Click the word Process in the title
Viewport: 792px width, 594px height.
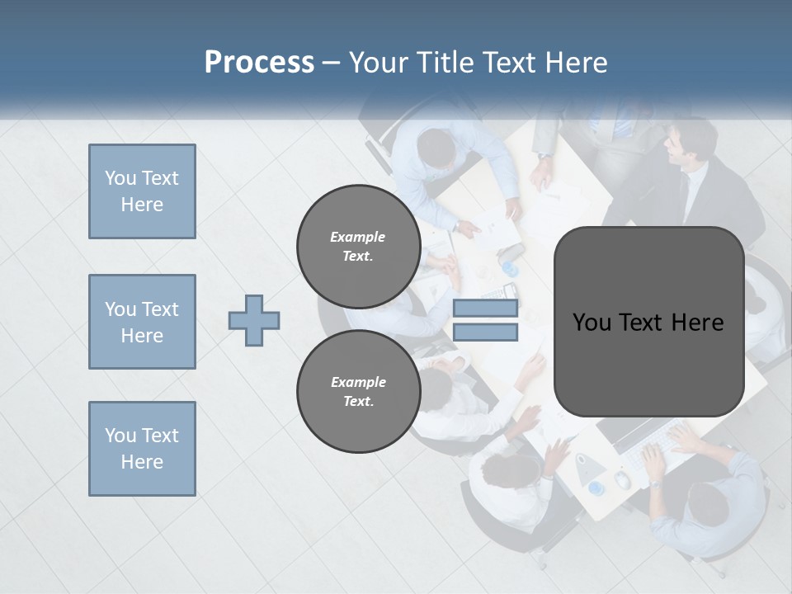[x=259, y=63]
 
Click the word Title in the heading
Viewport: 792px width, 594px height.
[x=446, y=63]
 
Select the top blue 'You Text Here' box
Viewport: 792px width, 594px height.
[x=142, y=191]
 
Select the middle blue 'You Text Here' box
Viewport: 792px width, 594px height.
[x=142, y=322]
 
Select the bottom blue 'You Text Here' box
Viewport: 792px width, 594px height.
[x=142, y=449]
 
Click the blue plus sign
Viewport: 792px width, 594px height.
[x=254, y=321]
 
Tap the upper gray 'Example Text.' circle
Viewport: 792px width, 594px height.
[x=358, y=246]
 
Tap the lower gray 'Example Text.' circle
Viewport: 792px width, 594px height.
[x=358, y=391]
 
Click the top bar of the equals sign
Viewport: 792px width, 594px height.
[x=485, y=309]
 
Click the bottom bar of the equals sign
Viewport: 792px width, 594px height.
[x=485, y=332]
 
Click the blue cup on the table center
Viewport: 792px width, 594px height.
[x=511, y=270]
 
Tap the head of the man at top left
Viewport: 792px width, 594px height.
[x=436, y=149]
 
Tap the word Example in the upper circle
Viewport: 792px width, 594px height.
[x=358, y=237]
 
